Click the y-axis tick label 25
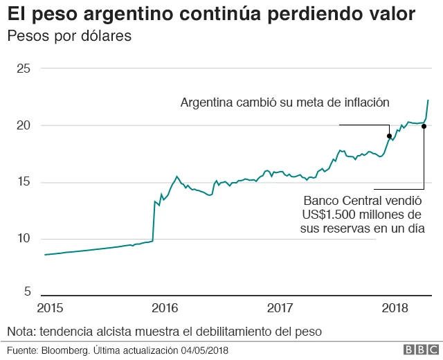point(24,69)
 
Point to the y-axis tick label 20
point(24,125)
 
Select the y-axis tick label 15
point(24,182)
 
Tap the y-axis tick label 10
point(24,239)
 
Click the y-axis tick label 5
point(27,291)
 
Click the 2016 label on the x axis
point(165,307)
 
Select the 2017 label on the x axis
point(280,307)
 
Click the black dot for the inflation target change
point(389,136)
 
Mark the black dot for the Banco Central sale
point(424,126)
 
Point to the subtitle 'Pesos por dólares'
point(69,36)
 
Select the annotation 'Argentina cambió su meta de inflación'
point(285,102)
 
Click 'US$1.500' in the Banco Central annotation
point(329,214)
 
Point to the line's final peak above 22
point(428,100)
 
